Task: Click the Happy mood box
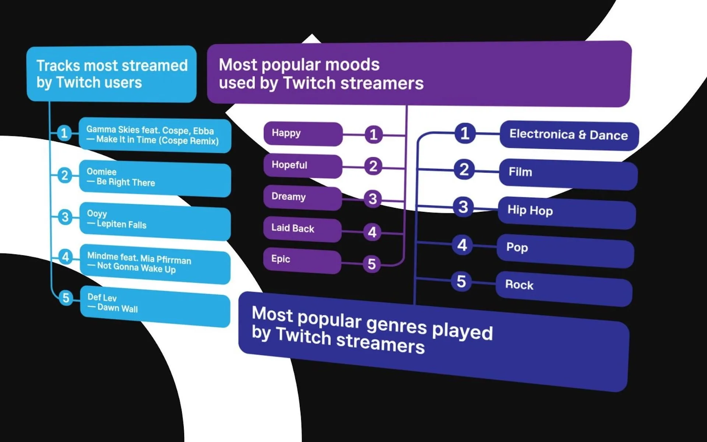[x=303, y=134]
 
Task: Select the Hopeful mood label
[x=289, y=165]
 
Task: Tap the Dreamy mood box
[x=302, y=198]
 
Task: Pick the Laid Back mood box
[x=302, y=229]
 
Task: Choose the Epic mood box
[x=302, y=260]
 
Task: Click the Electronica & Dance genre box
[x=569, y=135]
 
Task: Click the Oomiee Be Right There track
[x=155, y=178]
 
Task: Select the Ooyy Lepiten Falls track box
[x=155, y=221]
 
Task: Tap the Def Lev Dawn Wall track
[x=155, y=306]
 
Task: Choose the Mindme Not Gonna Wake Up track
[x=155, y=264]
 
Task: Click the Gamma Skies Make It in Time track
[x=155, y=136]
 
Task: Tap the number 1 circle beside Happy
[x=373, y=134]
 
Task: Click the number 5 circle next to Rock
[x=461, y=281]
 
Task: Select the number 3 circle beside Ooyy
[x=65, y=217]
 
